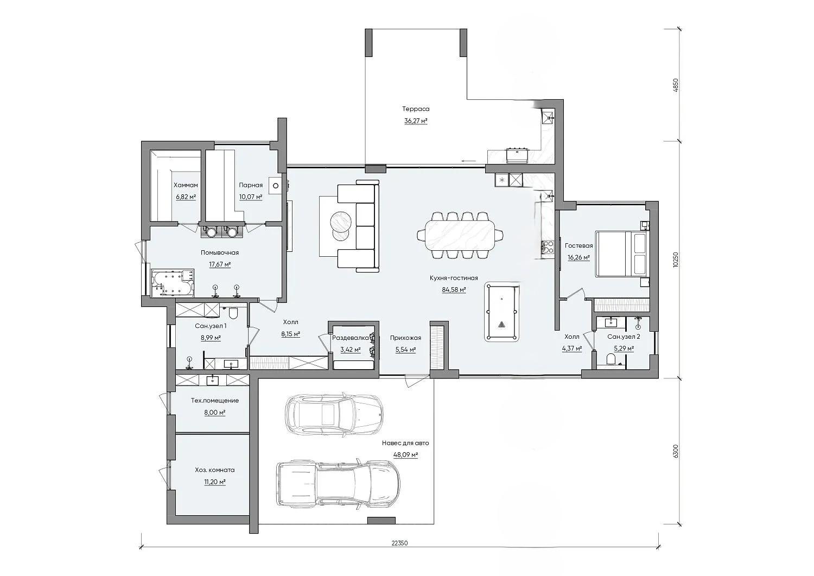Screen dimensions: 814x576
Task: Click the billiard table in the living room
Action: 501,313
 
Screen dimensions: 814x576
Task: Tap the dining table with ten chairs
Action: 460,236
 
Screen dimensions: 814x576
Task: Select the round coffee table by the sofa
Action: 340,221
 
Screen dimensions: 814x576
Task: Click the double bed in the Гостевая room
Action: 621,254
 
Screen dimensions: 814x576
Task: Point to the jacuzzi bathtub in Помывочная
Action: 173,283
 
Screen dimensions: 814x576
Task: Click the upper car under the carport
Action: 334,414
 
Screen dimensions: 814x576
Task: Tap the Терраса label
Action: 416,109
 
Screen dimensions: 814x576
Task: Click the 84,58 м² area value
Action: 454,290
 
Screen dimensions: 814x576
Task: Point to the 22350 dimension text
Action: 400,553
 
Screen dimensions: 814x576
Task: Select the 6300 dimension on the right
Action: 676,451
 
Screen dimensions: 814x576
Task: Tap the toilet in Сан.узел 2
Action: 611,359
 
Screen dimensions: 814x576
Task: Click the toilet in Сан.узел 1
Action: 233,313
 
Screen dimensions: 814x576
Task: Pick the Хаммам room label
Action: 186,185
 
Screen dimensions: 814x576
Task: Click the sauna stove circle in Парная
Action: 276,186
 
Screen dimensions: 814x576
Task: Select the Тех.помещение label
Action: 215,400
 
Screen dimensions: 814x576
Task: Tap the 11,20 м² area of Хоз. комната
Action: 215,482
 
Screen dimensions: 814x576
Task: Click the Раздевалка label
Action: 351,338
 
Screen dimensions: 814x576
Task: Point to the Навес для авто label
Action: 405,443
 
